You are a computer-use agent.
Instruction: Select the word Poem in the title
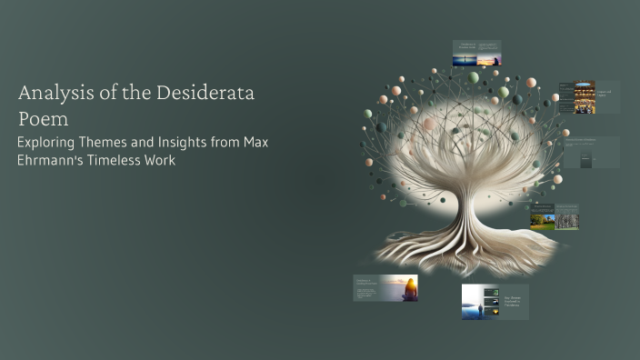[44, 119]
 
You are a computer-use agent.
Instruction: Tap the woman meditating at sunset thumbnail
[399, 288]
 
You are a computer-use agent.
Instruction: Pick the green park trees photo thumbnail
[543, 220]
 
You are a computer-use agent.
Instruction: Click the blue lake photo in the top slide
[465, 60]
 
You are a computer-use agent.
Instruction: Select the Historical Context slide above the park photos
[554, 207]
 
